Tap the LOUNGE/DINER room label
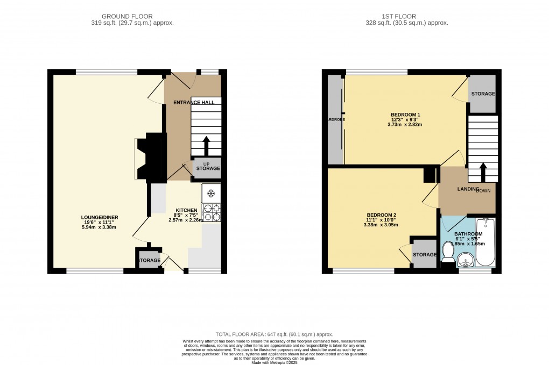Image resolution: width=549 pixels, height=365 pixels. (97, 217)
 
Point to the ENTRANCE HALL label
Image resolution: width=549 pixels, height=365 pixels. (193, 102)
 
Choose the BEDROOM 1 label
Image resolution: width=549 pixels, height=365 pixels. (405, 115)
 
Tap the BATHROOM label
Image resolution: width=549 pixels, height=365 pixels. (468, 234)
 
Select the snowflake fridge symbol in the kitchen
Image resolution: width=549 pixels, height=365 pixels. (211, 193)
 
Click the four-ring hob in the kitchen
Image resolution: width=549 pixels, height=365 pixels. (211, 213)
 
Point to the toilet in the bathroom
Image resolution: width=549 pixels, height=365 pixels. (448, 252)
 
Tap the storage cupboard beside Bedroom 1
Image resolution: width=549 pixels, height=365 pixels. (482, 94)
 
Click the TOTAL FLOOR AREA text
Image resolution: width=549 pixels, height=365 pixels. (274, 334)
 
